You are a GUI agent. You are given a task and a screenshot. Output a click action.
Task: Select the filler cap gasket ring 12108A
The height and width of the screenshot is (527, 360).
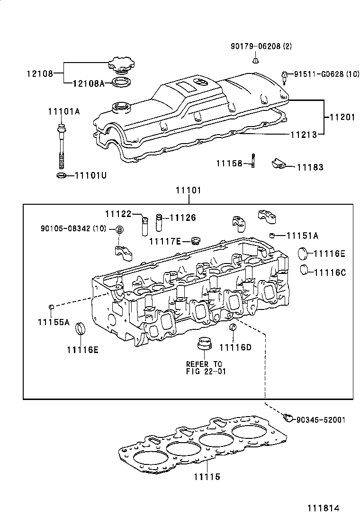121,84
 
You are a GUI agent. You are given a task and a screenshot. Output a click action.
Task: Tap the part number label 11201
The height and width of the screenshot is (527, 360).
341,117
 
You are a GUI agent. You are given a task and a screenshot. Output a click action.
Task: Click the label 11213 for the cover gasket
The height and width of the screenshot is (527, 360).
304,135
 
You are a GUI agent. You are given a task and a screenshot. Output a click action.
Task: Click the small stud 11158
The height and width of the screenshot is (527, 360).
253,161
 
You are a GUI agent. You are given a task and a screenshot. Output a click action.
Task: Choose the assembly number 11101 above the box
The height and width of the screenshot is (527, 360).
189,191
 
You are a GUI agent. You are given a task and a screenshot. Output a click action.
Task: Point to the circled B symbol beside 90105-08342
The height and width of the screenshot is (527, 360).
120,230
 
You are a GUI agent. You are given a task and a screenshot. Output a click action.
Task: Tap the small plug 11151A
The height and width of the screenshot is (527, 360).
273,236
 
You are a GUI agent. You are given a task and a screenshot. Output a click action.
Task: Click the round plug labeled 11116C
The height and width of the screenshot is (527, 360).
306,270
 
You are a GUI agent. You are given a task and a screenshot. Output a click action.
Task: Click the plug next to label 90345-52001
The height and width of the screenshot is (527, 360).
286,417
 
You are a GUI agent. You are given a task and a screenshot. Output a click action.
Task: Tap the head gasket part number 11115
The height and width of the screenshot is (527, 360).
207,477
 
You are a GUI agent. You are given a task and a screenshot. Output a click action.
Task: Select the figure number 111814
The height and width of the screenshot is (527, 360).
325,508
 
